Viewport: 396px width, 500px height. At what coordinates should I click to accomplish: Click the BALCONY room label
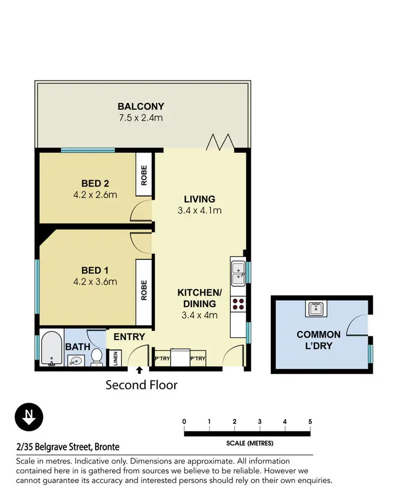point(141,106)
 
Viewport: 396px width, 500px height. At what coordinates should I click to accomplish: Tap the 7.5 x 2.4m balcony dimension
point(141,117)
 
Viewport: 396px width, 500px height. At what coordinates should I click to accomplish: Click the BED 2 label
point(95,183)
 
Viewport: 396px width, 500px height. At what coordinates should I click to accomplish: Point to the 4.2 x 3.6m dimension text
point(95,281)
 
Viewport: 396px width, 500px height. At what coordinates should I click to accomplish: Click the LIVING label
point(199,199)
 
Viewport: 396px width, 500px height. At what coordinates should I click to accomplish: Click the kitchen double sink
point(238,271)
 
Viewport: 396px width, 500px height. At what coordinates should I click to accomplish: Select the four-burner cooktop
point(238,304)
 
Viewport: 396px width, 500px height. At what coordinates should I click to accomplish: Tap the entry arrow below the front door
point(139,371)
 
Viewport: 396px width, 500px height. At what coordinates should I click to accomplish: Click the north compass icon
point(29,418)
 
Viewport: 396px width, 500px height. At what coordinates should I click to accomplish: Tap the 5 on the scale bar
point(310,421)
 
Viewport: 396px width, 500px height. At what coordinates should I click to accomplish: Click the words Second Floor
point(142,385)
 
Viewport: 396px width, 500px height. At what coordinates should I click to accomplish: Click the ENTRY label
point(129,337)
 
